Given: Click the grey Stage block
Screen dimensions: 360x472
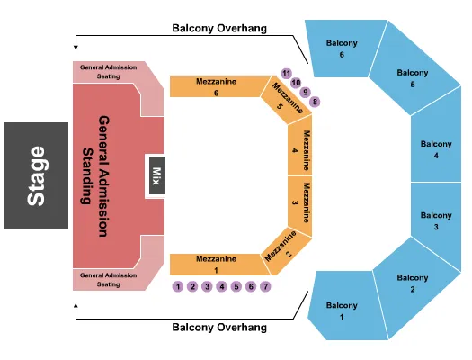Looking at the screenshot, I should point(36,175).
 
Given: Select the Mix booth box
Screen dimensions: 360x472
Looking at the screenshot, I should point(155,175).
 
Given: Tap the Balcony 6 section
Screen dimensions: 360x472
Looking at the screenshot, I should point(342,49).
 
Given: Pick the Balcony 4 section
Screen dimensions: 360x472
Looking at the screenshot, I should point(437,148).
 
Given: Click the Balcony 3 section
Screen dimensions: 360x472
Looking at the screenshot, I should point(437,220).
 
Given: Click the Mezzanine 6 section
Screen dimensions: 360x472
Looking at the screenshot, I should point(216,86).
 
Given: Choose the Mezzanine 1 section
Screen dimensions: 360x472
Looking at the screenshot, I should point(216,264).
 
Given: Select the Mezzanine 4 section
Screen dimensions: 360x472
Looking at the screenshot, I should point(300,148).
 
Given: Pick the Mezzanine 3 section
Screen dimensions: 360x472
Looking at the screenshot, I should point(300,202).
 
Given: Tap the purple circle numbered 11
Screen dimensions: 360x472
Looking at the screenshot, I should point(286,73).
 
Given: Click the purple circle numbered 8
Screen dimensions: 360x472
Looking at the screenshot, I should point(315,102).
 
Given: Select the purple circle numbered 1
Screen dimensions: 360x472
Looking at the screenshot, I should point(178,286).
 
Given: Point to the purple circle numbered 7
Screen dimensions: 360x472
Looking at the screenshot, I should point(265,286).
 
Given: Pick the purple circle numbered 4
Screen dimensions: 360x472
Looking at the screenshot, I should point(221,286).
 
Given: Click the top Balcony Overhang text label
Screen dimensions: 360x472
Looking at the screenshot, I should point(219,28).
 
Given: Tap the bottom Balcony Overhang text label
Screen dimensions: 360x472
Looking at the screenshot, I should point(219,328).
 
